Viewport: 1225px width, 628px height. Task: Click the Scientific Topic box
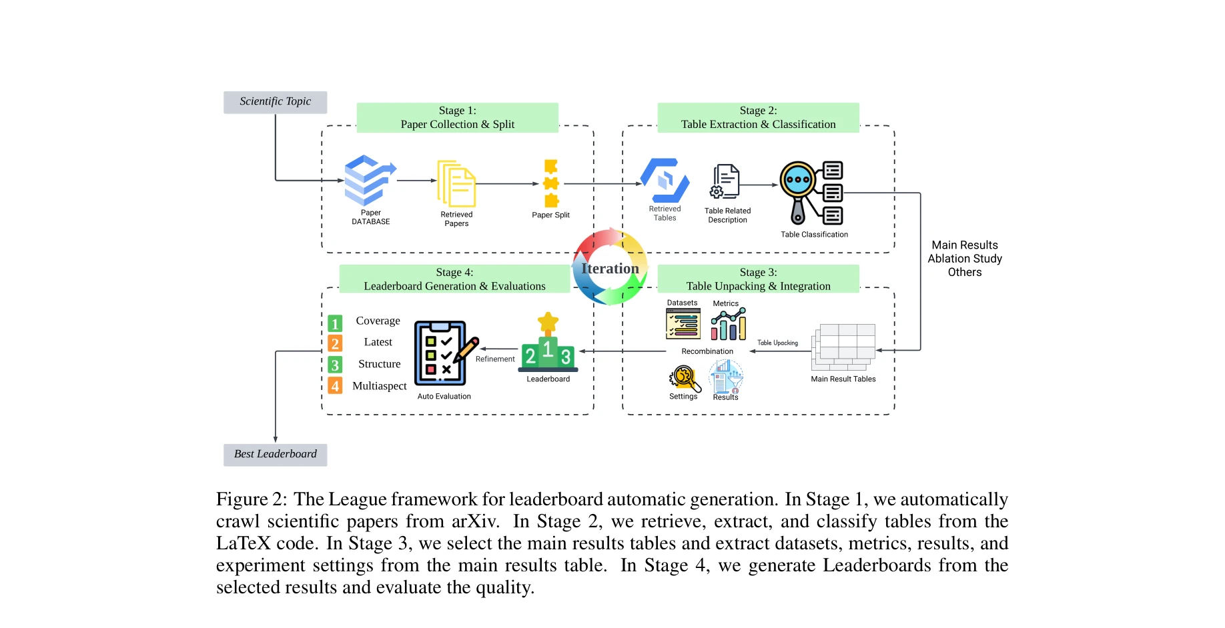(275, 102)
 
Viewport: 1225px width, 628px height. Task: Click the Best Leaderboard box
(275, 454)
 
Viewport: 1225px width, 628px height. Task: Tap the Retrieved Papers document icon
(456, 183)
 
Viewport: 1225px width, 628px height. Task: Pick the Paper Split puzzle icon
(551, 183)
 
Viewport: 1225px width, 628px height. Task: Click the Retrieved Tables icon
(665, 180)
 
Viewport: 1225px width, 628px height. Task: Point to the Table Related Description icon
(726, 181)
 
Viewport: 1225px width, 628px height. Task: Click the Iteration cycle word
(610, 269)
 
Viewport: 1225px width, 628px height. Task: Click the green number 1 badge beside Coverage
(335, 323)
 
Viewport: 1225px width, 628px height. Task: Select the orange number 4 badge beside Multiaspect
(335, 385)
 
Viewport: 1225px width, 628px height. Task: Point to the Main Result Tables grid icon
(843, 347)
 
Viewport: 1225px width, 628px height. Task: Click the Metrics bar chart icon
(728, 325)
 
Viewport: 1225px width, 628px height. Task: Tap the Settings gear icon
(684, 377)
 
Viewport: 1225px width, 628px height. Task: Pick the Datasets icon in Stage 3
(683, 324)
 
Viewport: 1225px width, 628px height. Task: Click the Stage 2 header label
(758, 117)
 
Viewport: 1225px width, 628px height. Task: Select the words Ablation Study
(964, 259)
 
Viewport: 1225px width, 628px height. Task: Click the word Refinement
(495, 359)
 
